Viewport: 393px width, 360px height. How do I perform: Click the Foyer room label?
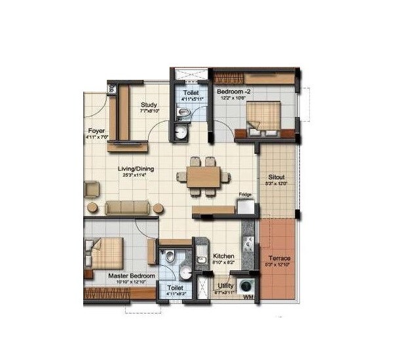point(96,130)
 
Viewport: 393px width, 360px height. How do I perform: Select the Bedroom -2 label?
point(234,92)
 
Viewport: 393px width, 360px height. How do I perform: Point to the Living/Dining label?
point(136,169)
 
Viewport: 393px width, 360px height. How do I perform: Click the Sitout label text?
point(276,177)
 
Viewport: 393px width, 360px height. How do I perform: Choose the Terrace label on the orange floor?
point(279,259)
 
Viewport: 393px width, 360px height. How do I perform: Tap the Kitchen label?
point(224,256)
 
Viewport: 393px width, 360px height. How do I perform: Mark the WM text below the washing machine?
point(247,298)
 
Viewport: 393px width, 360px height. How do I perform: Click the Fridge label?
point(245,194)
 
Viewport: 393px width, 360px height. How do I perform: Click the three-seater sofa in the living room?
point(128,207)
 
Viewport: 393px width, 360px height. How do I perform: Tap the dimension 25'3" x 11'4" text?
point(136,175)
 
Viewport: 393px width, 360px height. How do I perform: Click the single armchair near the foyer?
point(91,189)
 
